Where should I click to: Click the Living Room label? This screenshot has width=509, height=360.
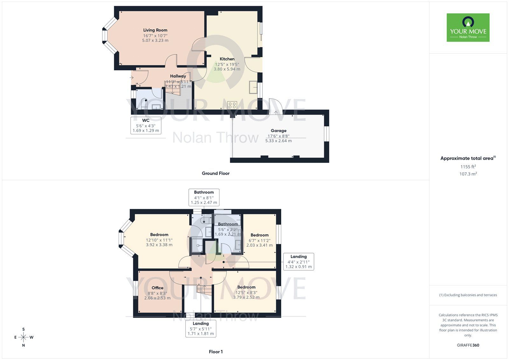(x=155, y=30)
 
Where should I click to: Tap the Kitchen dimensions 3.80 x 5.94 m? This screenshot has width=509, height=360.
(x=227, y=69)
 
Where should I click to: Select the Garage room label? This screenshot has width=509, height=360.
(x=278, y=131)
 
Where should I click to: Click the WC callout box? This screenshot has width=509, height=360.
(x=146, y=125)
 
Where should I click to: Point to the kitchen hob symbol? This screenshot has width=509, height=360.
(x=232, y=105)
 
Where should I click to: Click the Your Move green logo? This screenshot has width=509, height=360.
(x=468, y=27)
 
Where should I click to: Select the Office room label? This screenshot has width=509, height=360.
(x=157, y=288)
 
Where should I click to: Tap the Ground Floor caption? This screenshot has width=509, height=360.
(x=215, y=173)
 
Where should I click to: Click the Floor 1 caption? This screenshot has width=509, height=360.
(x=216, y=352)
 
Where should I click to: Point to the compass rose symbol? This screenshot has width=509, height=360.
(x=24, y=337)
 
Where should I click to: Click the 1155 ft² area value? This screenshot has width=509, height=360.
(x=468, y=166)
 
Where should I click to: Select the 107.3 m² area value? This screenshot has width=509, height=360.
(x=468, y=174)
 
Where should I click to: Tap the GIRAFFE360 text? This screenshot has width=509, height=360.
(x=468, y=345)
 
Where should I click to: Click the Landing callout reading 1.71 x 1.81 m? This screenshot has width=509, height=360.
(x=201, y=328)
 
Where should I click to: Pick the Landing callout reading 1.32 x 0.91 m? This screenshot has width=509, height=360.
(x=298, y=262)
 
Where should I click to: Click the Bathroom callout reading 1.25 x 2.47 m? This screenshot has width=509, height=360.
(x=204, y=197)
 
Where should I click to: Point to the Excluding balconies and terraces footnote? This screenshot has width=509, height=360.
(x=468, y=295)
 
